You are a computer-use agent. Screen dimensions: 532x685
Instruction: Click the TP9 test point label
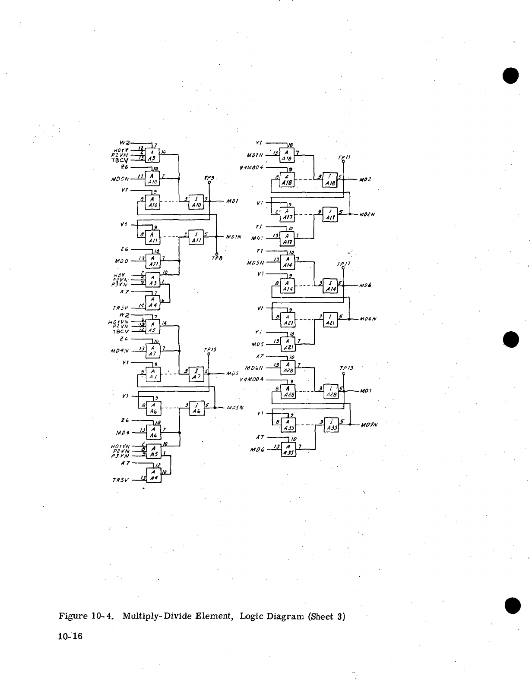209,178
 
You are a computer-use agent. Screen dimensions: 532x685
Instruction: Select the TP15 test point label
209,350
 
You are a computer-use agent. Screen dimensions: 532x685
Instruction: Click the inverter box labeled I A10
196,202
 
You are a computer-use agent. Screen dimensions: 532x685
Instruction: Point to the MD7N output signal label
369,424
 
